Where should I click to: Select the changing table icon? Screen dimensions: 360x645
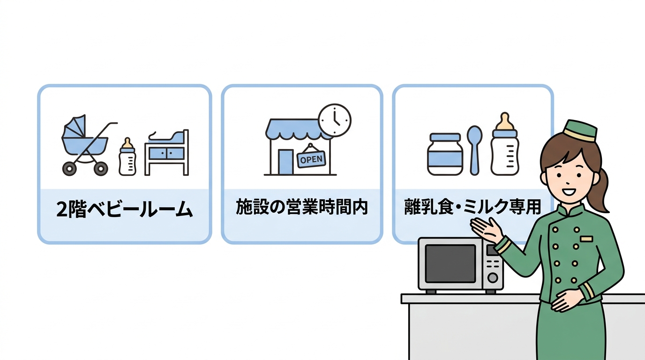[167, 152]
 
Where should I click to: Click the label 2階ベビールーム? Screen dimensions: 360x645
[125, 210]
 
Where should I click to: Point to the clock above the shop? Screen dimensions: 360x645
[335, 120]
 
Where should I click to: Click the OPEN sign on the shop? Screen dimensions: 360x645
[311, 159]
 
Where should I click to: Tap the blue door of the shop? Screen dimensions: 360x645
[285, 162]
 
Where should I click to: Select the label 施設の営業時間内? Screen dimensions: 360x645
[302, 208]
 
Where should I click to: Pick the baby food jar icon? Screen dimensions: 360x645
[445, 155]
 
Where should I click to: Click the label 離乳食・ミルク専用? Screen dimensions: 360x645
[472, 207]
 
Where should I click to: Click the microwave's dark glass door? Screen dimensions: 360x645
[450, 263]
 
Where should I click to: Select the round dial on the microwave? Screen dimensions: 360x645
[493, 277]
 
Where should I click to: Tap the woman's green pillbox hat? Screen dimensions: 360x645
[579, 130]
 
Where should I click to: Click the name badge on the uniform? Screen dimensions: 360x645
[586, 239]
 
